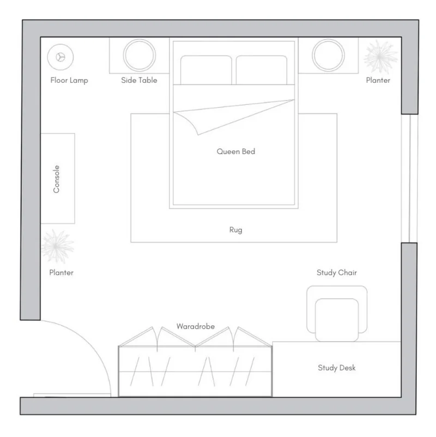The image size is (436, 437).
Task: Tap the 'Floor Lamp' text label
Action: [69, 80]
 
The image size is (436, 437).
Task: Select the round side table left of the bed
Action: [140, 55]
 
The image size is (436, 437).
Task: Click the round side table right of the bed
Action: [329, 55]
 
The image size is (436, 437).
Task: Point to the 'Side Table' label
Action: [139, 80]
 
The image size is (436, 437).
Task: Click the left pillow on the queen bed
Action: [206, 70]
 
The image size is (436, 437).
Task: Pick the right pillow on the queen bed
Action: [262, 70]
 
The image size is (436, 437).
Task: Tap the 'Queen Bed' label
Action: [235, 151]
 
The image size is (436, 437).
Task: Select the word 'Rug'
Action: [235, 230]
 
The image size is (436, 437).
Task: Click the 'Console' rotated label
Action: [56, 179]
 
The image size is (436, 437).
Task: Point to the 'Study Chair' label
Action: [336, 272]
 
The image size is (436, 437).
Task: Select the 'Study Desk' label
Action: [336, 368]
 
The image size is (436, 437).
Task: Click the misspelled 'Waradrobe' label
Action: [195, 326]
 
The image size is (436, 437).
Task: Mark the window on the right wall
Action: [409, 178]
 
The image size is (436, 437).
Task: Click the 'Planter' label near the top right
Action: [378, 80]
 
